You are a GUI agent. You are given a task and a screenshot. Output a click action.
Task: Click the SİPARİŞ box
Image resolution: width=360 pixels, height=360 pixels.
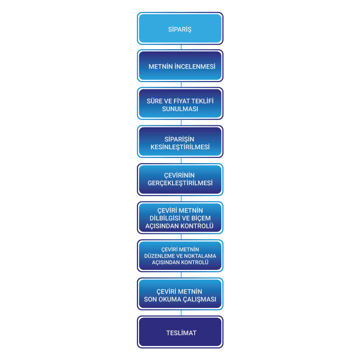click(180, 28)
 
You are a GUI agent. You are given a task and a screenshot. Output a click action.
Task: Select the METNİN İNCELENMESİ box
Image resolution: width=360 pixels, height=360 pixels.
click(180, 66)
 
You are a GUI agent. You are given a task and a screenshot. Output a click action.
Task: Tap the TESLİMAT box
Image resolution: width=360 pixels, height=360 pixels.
click(180, 332)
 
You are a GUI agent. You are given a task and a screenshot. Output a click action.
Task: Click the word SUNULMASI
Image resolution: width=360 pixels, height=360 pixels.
click(180, 109)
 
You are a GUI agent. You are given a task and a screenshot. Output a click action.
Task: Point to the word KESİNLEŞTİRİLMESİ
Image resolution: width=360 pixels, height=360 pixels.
click(180, 147)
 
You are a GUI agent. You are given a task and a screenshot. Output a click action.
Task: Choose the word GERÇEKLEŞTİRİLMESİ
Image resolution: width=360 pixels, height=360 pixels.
click(180, 183)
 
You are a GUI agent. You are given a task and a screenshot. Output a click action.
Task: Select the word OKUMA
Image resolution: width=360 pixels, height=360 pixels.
click(170, 300)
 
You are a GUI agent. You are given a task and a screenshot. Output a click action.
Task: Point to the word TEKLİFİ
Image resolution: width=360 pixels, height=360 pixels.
click(202, 101)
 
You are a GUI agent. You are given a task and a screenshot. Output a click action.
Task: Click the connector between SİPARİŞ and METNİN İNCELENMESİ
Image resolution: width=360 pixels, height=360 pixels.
click(181, 47)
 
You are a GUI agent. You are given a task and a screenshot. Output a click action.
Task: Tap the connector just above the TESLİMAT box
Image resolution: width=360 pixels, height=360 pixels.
click(181, 313)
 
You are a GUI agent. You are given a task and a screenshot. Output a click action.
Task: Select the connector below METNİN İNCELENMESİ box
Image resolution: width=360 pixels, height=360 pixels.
click(181, 85)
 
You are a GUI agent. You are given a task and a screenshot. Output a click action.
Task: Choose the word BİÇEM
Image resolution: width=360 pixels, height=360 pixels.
click(201, 218)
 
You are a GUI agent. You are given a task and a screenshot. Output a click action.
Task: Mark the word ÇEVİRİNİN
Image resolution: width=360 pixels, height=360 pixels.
click(179, 175)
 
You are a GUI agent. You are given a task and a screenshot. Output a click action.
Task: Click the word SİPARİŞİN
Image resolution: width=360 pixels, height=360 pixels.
click(179, 139)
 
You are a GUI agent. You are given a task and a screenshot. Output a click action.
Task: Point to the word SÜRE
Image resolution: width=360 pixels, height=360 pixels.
click(154, 101)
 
